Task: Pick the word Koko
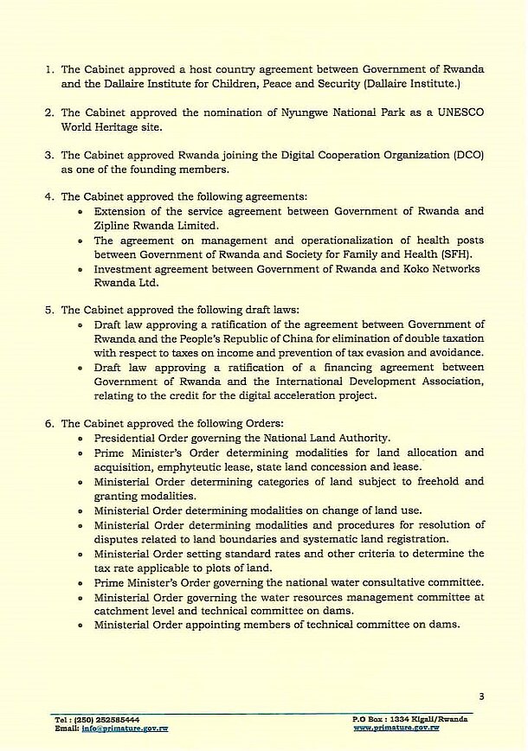(x=437, y=268)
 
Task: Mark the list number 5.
(x=50, y=310)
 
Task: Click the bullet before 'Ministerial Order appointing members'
(x=81, y=625)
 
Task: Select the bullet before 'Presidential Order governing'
(x=81, y=439)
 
